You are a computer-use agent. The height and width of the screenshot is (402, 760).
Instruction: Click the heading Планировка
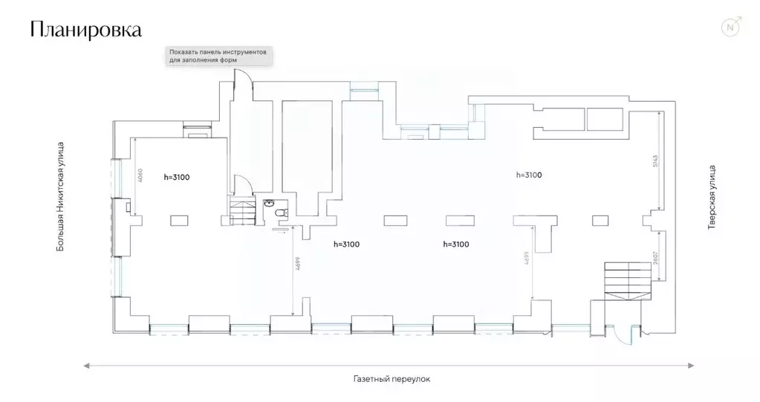click(x=86, y=30)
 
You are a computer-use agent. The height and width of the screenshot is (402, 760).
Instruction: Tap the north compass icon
click(x=731, y=28)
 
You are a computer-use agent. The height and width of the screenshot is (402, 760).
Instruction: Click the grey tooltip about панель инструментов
click(x=219, y=56)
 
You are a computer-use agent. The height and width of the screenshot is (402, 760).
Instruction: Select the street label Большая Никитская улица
click(x=62, y=197)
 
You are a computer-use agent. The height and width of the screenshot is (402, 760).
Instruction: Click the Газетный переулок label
click(x=392, y=378)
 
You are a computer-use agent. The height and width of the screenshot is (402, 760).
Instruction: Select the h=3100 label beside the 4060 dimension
click(x=177, y=176)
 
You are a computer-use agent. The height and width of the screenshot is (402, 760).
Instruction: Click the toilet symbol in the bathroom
click(x=281, y=214)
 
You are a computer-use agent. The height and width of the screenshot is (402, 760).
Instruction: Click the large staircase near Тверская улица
click(x=626, y=279)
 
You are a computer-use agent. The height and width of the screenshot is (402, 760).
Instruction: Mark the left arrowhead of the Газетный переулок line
click(x=87, y=365)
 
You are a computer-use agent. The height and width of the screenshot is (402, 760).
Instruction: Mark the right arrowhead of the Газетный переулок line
click(x=692, y=365)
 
